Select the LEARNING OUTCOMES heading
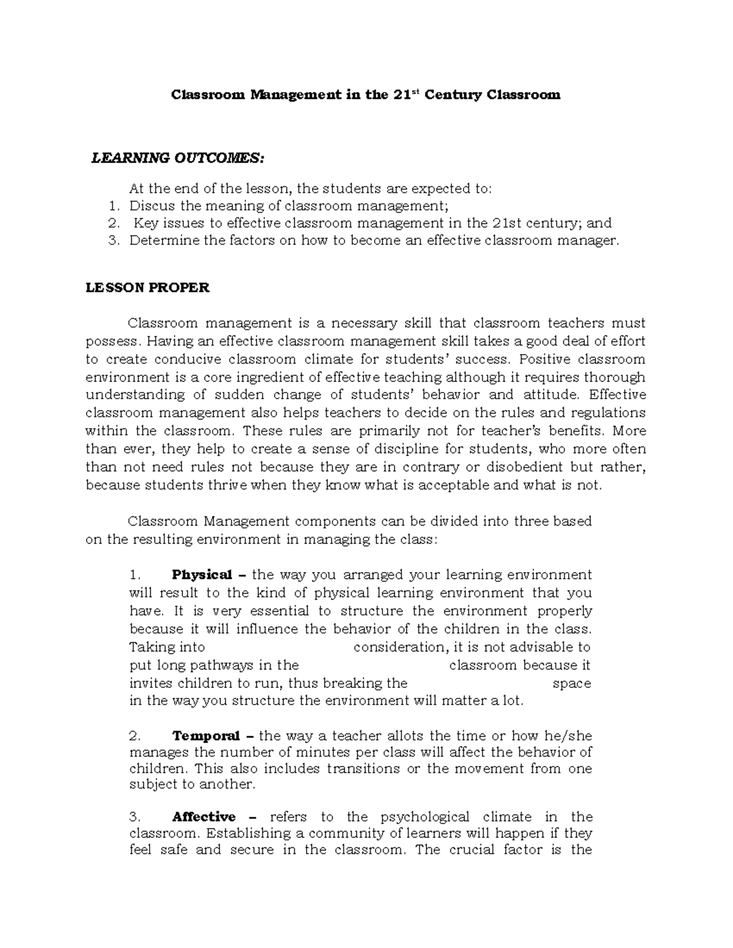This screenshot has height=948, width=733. point(178,159)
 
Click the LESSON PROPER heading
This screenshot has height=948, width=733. point(147,288)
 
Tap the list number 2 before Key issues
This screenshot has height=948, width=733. point(112,223)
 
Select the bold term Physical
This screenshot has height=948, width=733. point(202,575)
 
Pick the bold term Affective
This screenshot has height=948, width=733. point(204,817)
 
